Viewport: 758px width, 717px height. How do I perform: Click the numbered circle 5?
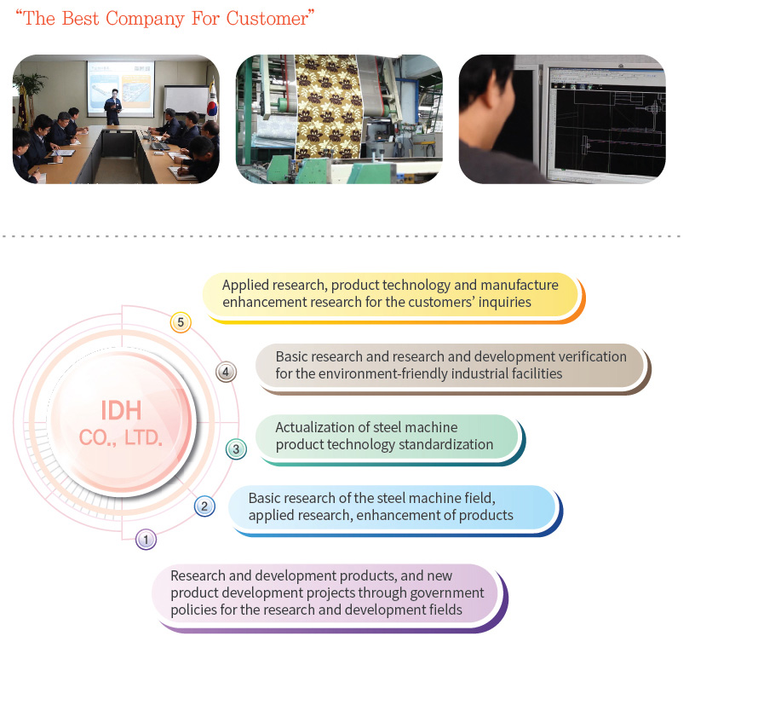point(181,322)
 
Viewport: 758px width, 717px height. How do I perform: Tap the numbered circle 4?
point(226,372)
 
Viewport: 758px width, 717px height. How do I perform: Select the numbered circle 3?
point(236,449)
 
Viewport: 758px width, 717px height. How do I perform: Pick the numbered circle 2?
point(204,506)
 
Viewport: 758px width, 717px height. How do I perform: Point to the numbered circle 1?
point(146,540)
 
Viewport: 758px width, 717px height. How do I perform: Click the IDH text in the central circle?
point(121,411)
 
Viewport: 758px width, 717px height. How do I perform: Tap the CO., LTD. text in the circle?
point(121,437)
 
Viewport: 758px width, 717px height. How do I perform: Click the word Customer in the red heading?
point(267,19)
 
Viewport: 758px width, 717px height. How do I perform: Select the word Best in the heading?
point(80,19)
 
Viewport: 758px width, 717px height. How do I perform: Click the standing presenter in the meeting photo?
point(112,107)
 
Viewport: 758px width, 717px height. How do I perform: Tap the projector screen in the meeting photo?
point(121,89)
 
